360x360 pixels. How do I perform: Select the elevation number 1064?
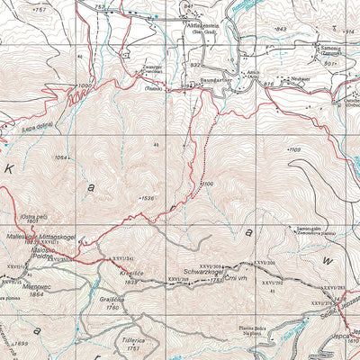61,158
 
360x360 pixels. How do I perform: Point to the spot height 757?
39,8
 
